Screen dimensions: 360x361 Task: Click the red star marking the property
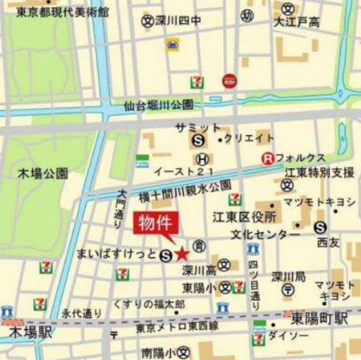pos(180,252)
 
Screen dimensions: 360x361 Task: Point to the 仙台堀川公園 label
pos(159,105)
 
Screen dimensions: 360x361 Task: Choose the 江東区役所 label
pos(253,217)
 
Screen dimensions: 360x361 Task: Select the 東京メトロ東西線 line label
pos(176,326)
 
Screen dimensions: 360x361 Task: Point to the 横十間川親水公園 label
pos(185,186)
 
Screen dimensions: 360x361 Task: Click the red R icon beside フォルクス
pos(267,158)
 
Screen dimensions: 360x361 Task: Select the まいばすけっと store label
pos(117,256)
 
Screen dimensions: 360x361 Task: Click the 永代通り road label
pos(81,312)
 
